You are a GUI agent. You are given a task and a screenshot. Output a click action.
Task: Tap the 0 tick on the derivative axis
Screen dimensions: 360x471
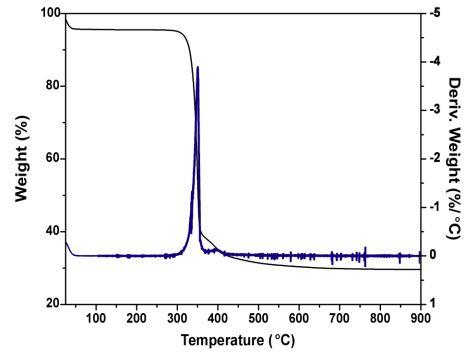pyautogui.click(x=432, y=255)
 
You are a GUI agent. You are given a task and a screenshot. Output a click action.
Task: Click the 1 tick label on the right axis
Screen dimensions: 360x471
pyautogui.click(x=432, y=303)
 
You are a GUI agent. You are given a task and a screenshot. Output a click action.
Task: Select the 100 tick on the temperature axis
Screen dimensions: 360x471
pyautogui.click(x=96, y=318)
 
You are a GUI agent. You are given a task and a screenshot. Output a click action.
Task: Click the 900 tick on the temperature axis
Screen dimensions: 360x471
pyautogui.click(x=419, y=318)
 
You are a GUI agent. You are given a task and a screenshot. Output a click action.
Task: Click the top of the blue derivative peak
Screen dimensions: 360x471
pyautogui.click(x=198, y=67)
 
